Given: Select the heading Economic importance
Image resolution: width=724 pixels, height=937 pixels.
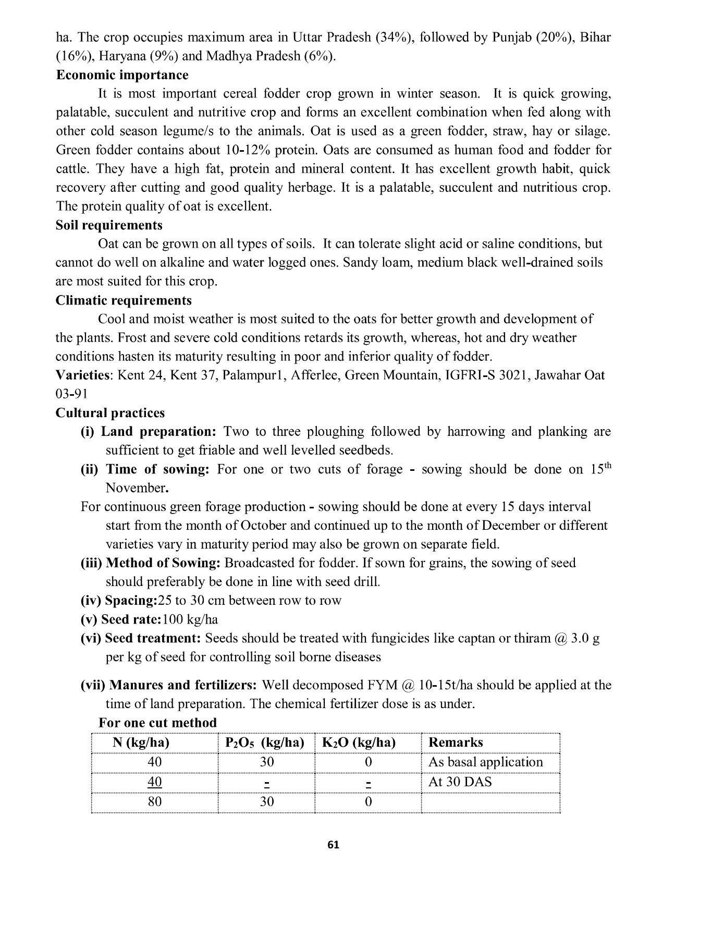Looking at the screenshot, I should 122,75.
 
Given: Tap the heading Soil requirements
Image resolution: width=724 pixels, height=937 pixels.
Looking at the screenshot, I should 109,225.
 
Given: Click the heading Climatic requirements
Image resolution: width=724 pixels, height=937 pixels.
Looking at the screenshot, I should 124,300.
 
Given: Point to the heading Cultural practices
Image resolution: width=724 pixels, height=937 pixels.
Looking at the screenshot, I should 110,413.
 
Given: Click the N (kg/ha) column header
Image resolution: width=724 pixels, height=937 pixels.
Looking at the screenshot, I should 141,743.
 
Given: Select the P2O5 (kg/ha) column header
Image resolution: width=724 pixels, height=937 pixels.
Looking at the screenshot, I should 264,743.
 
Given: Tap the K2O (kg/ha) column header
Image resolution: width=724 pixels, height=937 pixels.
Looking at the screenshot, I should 359,743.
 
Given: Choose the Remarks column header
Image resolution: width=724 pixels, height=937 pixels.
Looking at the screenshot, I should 456,743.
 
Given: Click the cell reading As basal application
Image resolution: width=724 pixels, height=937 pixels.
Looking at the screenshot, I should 485,762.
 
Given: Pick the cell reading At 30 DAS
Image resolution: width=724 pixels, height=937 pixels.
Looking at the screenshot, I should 460,782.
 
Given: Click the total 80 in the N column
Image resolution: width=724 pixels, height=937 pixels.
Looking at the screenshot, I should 155,801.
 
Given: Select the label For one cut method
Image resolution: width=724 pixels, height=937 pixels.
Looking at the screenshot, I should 157,723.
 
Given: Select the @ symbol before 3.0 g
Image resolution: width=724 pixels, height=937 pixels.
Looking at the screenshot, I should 560,638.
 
